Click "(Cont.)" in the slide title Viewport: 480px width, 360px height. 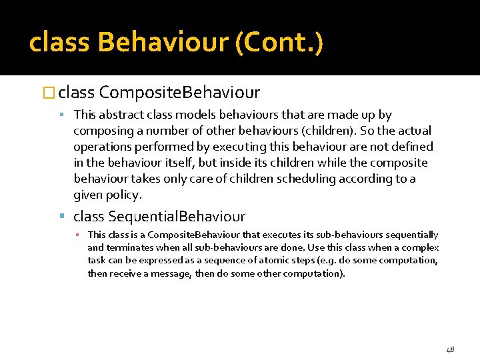tap(280, 43)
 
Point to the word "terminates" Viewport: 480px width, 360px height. tap(128, 247)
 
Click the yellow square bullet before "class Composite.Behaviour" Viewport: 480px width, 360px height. tap(62, 92)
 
